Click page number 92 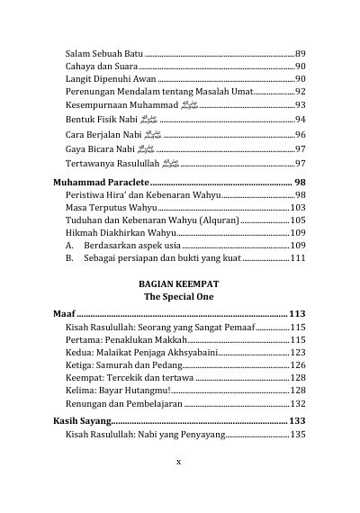tap(301, 92)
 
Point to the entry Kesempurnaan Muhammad tap(122, 105)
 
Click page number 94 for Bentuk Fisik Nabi tap(301, 120)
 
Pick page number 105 tap(298, 220)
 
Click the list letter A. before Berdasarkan tap(70, 246)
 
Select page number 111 tap(298, 258)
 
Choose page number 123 tap(298, 353)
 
